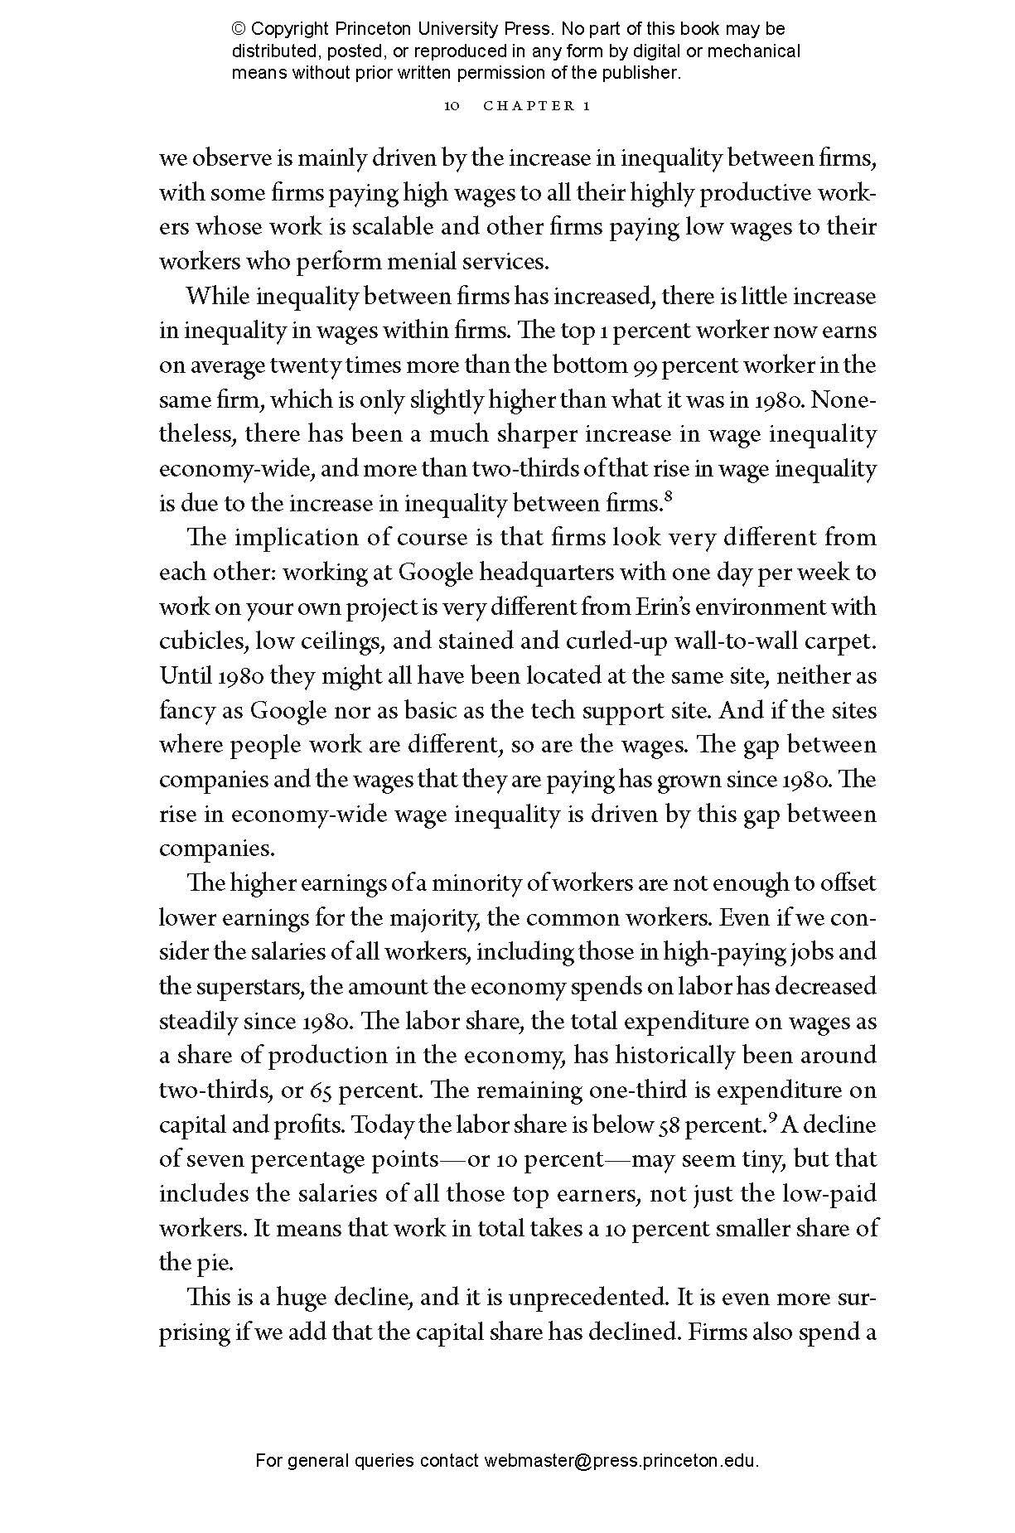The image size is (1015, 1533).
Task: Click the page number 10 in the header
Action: point(452,106)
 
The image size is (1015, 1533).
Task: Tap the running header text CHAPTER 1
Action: point(536,106)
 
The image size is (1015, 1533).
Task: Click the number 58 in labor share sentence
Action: point(667,1125)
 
